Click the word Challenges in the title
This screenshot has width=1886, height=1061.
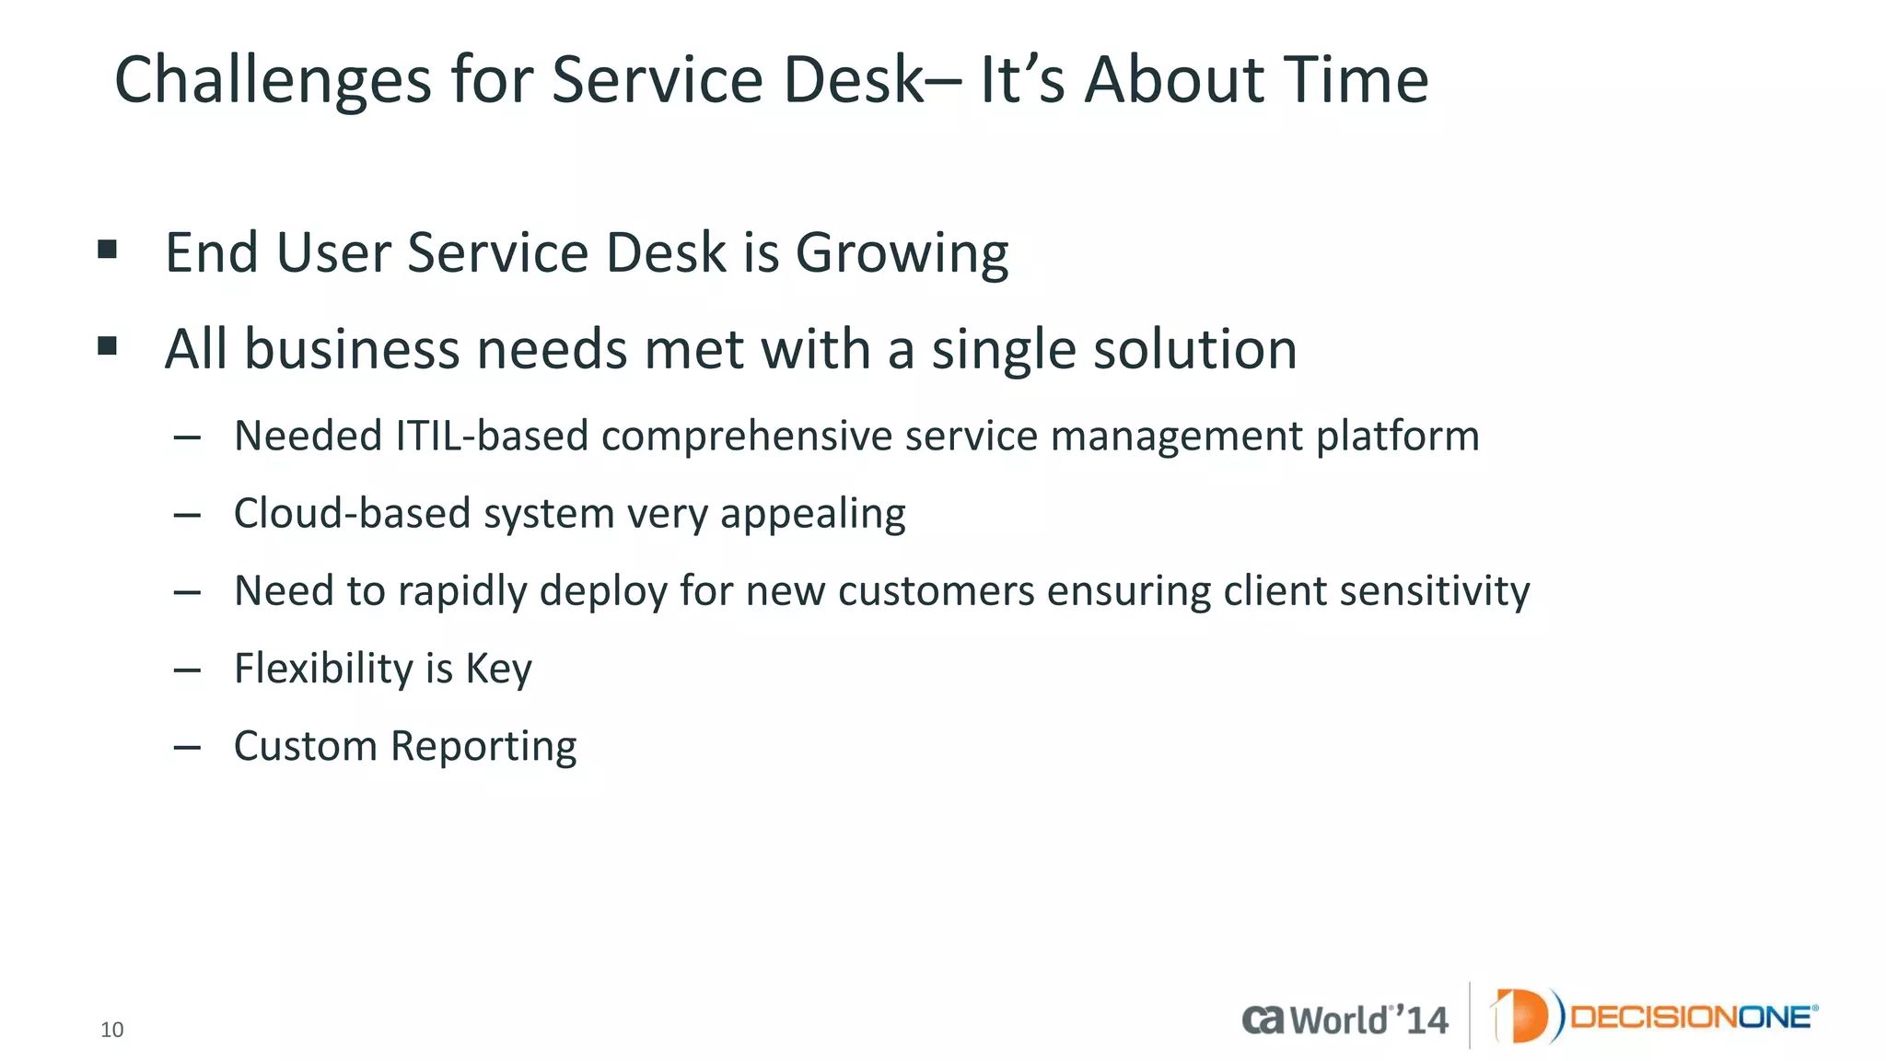(x=273, y=81)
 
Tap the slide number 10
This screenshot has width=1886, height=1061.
(x=111, y=1030)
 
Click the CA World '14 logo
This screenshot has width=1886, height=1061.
(x=1345, y=1020)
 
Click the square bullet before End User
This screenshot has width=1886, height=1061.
(x=108, y=250)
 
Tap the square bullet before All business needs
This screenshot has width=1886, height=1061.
(x=108, y=346)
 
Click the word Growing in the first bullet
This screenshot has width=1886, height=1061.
(x=902, y=253)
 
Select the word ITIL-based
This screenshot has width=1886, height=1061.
(x=492, y=436)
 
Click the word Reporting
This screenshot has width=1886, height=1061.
(x=483, y=747)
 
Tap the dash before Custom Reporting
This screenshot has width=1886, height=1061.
(x=187, y=747)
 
